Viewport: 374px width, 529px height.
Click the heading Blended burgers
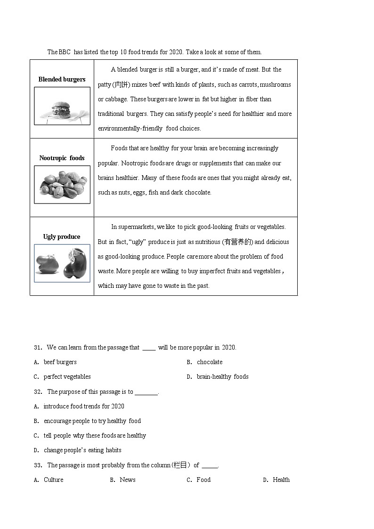pyautogui.click(x=62, y=80)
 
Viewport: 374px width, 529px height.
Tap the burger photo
pyautogui.click(x=62, y=106)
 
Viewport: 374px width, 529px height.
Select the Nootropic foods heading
pyautogui.click(x=62, y=158)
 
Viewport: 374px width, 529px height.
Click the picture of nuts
pyautogui.click(x=62, y=185)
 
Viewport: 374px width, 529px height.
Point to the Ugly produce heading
pyautogui.click(x=62, y=237)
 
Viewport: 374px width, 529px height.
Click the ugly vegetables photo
pyautogui.click(x=62, y=263)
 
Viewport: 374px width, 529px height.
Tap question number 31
pyautogui.click(x=38, y=348)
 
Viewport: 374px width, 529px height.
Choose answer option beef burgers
pyautogui.click(x=60, y=362)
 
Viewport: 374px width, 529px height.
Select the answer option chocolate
pyautogui.click(x=210, y=362)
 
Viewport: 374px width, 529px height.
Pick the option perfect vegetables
pyautogui.click(x=67, y=377)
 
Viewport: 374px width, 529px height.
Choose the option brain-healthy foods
pyautogui.click(x=222, y=377)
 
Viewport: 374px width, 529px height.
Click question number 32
pyautogui.click(x=38, y=392)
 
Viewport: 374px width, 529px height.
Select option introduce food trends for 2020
pyautogui.click(x=84, y=407)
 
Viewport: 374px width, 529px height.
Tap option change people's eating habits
pyautogui.click(x=82, y=450)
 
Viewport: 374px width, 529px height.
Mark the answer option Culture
pyautogui.click(x=53, y=480)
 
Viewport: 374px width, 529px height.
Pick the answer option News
pyautogui.click(x=127, y=480)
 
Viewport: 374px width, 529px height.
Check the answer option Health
pyautogui.click(x=281, y=480)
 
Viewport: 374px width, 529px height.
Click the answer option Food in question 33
pyautogui.click(x=203, y=480)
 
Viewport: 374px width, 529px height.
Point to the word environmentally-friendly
pyautogui.click(x=130, y=129)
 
